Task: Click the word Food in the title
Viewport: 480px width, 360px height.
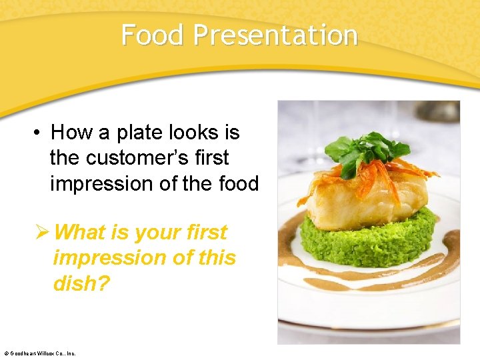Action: click(153, 35)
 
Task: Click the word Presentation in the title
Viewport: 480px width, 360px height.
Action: click(275, 35)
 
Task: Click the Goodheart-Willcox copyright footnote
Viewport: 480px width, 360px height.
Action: click(40, 353)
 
